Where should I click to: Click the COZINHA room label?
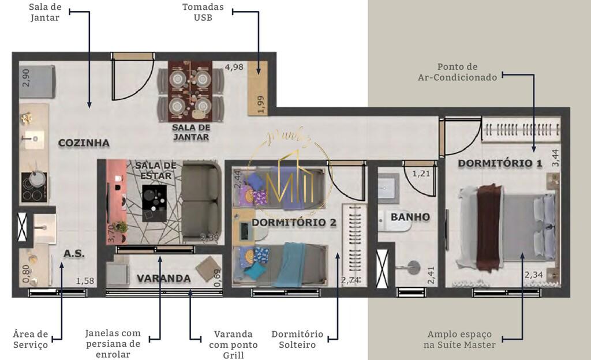[x=84, y=143]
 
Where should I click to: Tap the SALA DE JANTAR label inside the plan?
[x=190, y=132]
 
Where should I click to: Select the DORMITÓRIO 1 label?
[x=500, y=163]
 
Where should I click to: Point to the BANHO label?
[x=410, y=217]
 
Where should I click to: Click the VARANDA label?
[x=163, y=279]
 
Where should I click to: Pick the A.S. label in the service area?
[x=74, y=254]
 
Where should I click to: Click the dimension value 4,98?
[x=234, y=67]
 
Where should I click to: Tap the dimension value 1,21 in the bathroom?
[x=421, y=172]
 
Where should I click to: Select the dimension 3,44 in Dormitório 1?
[x=555, y=157]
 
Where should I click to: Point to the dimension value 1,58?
[x=85, y=282]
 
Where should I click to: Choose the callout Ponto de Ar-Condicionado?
[x=457, y=72]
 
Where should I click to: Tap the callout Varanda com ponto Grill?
[x=233, y=344]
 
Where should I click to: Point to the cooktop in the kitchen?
[x=34, y=187]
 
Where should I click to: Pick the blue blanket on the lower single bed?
[x=289, y=264]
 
